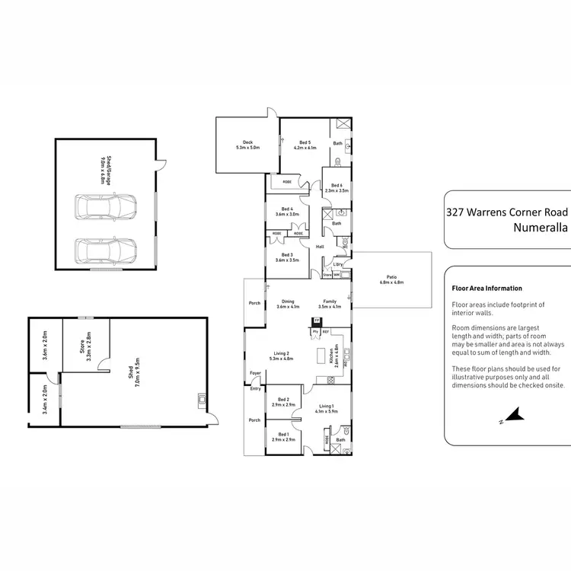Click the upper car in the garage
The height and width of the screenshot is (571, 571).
pyautogui.click(x=106, y=206)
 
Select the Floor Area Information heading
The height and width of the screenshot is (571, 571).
pyautogui.click(x=486, y=289)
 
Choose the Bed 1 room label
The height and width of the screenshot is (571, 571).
pyautogui.click(x=283, y=437)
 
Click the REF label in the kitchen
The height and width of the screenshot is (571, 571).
pyautogui.click(x=326, y=332)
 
